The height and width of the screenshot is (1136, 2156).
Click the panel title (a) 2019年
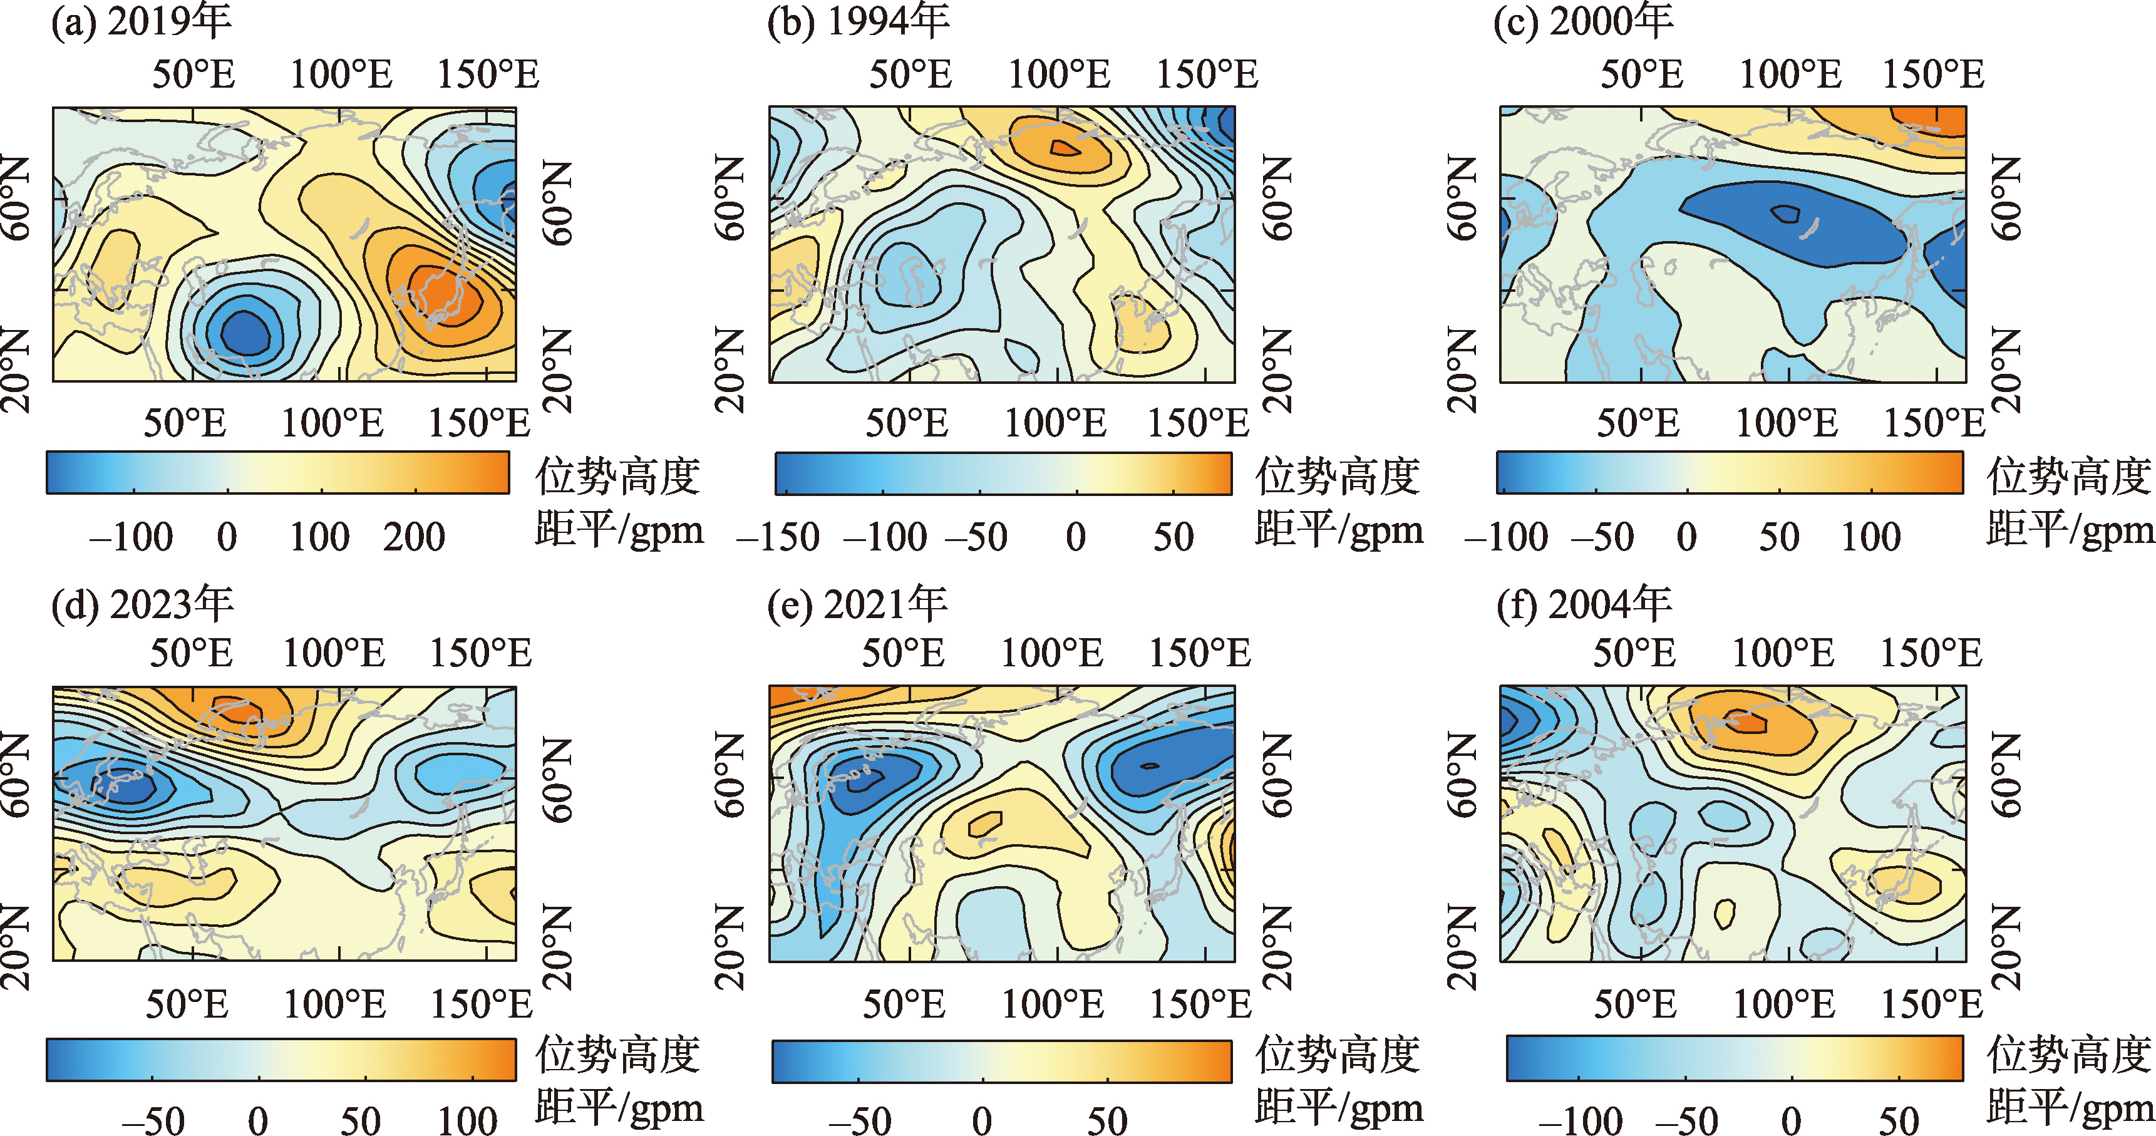coord(141,22)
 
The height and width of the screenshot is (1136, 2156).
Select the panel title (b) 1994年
coord(858,22)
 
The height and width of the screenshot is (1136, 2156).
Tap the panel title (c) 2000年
coord(1584,22)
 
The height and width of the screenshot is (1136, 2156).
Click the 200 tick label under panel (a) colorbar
coord(415,537)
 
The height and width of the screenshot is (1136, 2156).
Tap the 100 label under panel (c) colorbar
coord(1870,537)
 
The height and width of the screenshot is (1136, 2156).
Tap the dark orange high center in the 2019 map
coord(443,293)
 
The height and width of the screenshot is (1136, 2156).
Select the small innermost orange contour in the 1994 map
coord(1065,148)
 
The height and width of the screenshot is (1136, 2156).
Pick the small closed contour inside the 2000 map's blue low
coord(1785,214)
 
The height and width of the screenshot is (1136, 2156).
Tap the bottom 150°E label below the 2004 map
coord(1932,1004)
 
